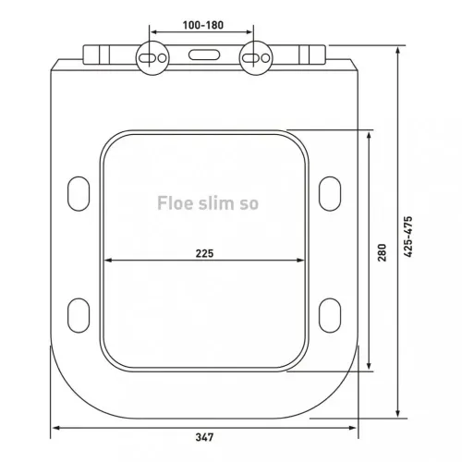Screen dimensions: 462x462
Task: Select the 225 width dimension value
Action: pyautogui.click(x=205, y=252)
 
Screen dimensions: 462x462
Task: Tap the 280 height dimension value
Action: pyautogui.click(x=382, y=252)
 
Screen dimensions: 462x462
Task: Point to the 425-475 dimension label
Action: pyautogui.click(x=409, y=242)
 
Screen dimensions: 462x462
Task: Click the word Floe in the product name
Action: pyautogui.click(x=175, y=201)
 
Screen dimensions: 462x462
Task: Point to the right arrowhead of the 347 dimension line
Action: pyautogui.click(x=356, y=429)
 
